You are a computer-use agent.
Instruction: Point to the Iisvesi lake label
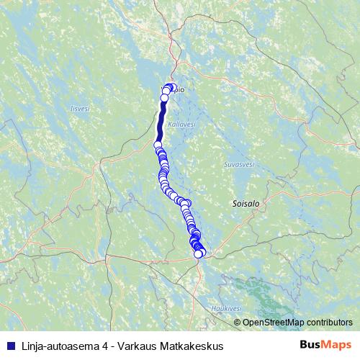(x=79, y=109)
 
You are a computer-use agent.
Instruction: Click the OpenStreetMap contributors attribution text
(x=297, y=322)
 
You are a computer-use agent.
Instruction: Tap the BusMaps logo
(x=325, y=346)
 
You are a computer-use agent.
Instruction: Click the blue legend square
(x=9, y=346)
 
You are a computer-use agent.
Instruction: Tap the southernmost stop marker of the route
(x=198, y=253)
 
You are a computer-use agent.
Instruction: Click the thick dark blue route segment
(x=161, y=122)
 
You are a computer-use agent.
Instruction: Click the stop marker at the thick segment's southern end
(x=158, y=144)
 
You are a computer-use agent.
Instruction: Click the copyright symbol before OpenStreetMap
(x=238, y=322)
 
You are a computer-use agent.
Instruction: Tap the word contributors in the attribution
(x=328, y=322)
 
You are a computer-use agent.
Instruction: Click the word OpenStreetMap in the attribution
(x=273, y=322)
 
